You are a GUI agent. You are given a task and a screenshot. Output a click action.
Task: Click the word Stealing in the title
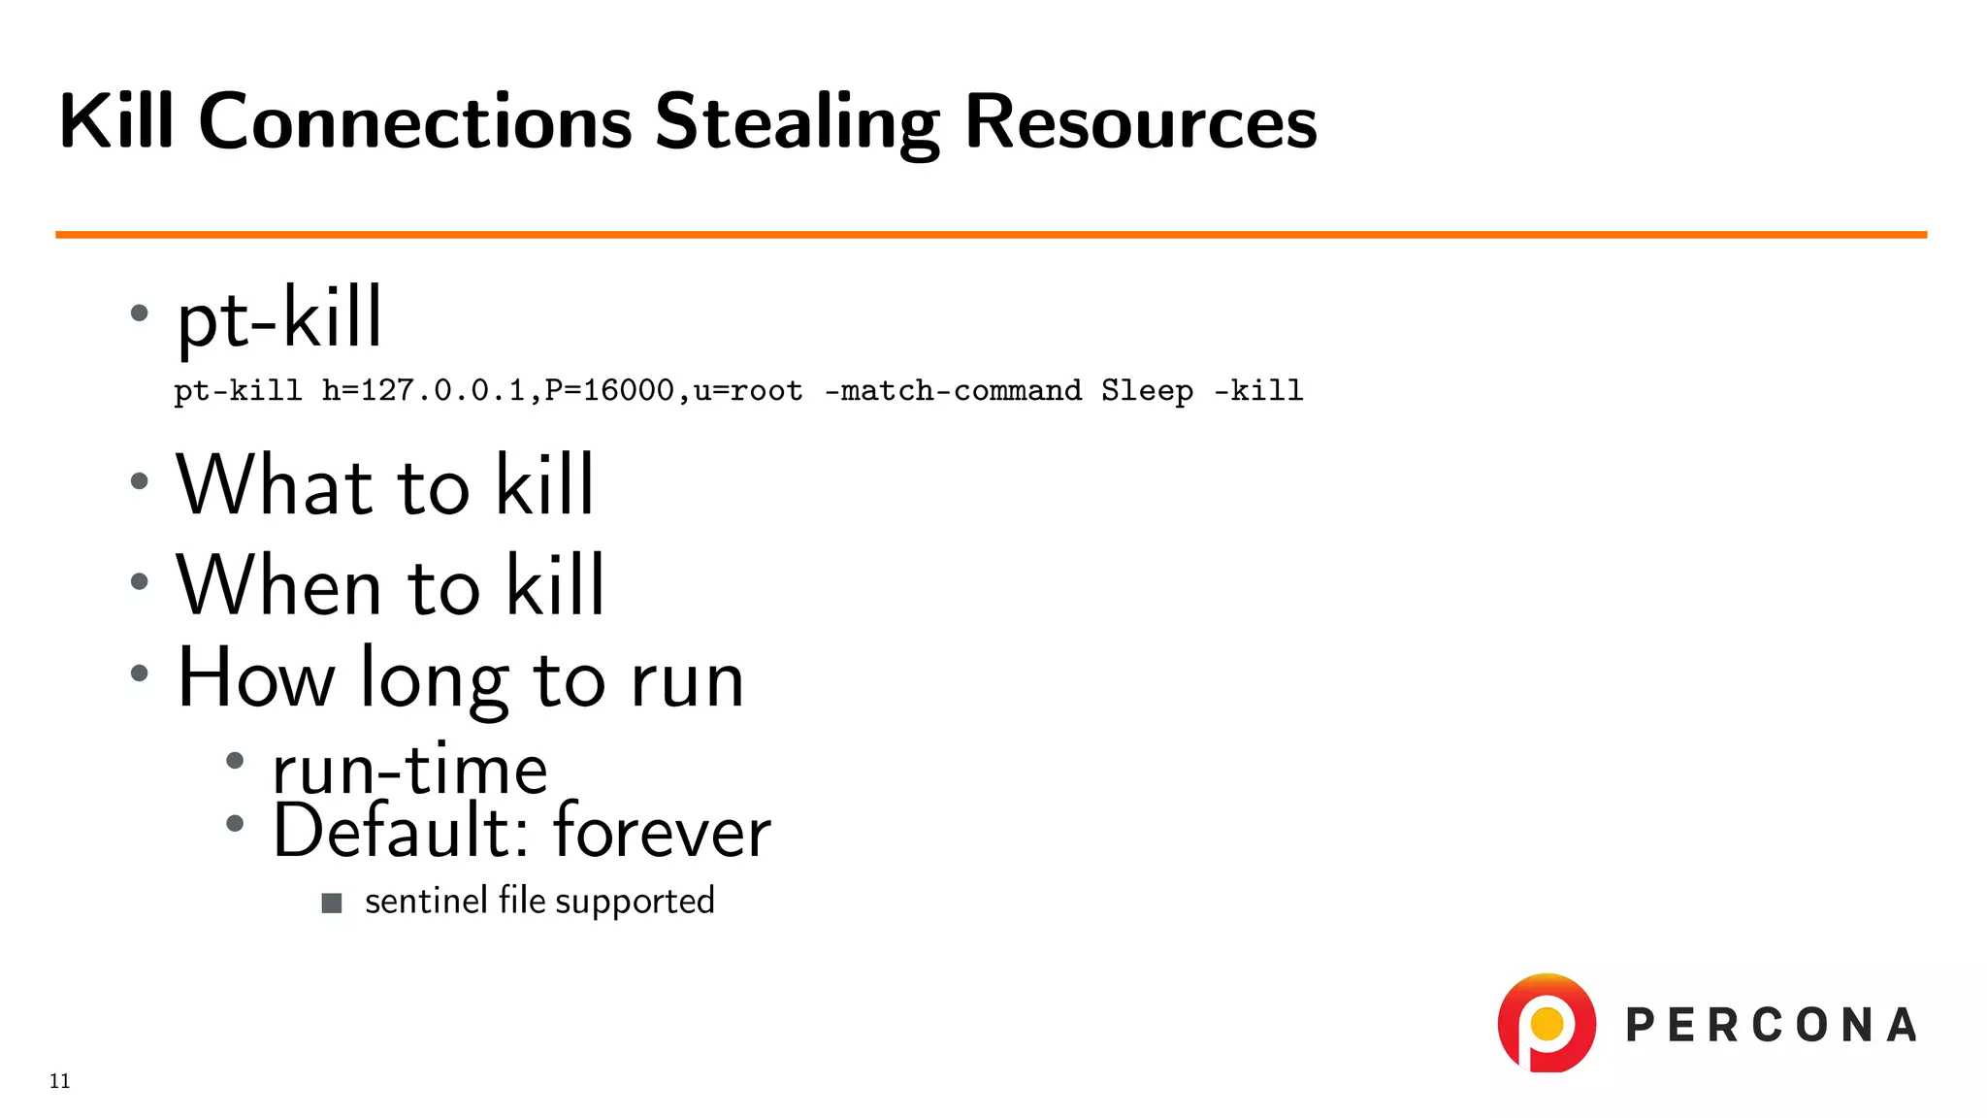click(x=797, y=123)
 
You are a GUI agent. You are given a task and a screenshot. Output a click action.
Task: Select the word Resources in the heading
click(x=1140, y=123)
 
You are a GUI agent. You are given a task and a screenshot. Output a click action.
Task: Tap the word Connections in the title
click(x=415, y=123)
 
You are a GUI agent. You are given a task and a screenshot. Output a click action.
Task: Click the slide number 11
click(x=60, y=1081)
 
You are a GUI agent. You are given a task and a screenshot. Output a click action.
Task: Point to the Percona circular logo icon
click(x=1547, y=1024)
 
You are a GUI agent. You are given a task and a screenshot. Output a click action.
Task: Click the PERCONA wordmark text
click(x=1771, y=1026)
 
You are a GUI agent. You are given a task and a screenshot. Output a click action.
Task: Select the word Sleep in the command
click(x=1147, y=390)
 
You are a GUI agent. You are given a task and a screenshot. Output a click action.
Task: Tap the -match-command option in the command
click(x=953, y=390)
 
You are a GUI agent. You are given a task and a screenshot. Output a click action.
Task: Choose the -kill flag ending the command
click(x=1258, y=390)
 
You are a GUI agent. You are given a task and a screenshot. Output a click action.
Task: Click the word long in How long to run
click(x=434, y=680)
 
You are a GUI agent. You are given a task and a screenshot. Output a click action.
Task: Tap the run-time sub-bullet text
click(x=409, y=770)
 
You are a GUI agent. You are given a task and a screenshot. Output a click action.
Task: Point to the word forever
click(x=662, y=832)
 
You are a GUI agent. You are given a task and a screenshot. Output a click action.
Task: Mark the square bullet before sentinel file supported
click(x=332, y=904)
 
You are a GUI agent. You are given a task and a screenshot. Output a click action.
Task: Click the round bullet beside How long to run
click(x=140, y=673)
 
